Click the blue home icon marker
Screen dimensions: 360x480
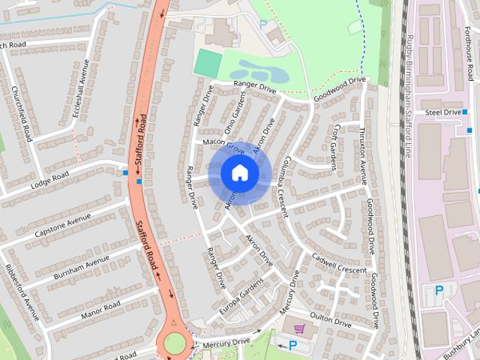239,173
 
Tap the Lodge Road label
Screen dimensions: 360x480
49,180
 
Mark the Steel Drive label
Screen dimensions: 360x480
442,112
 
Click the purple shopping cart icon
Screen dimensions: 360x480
300,328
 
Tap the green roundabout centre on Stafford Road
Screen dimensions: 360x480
175,343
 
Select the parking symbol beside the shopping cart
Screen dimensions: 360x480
292,345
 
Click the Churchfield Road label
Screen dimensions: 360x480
21,113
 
